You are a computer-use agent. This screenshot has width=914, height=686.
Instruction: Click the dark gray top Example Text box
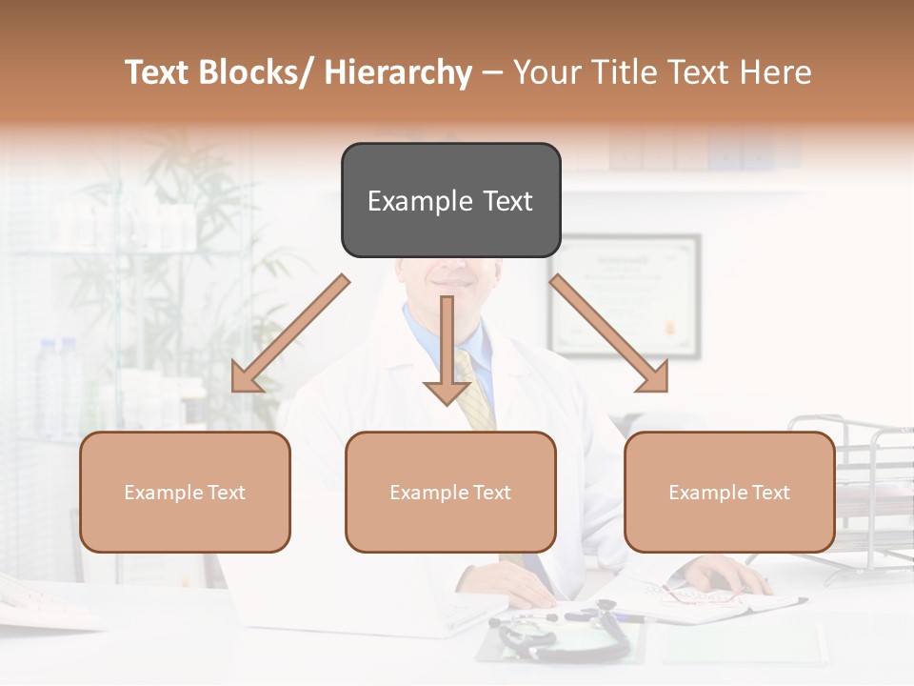pos(450,200)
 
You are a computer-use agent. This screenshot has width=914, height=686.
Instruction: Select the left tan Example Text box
pos(185,492)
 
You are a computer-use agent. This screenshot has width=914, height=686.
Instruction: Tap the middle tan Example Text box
pos(450,492)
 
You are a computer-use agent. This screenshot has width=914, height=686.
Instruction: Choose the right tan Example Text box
pos(729,492)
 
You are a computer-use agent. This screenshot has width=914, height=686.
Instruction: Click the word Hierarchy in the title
pos(398,72)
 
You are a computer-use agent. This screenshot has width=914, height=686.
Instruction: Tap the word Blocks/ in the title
pos(260,72)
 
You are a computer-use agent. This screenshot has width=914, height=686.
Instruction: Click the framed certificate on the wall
pos(624,296)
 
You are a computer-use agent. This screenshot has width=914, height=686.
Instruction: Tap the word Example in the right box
pos(704,493)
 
